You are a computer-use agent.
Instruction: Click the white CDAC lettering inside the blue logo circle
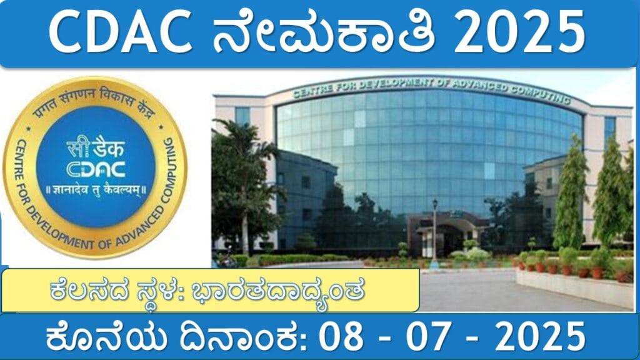click(x=96, y=169)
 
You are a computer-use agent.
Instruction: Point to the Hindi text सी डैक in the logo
click(x=96, y=147)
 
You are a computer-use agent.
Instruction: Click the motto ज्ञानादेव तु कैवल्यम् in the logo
click(x=96, y=190)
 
